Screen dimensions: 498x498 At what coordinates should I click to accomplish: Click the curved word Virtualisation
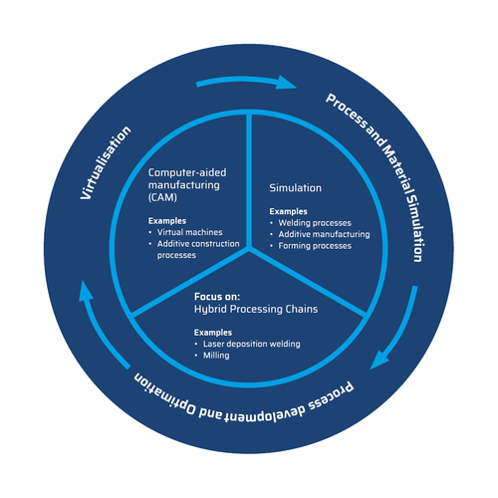click(106, 163)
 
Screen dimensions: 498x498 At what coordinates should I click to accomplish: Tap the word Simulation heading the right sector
click(295, 188)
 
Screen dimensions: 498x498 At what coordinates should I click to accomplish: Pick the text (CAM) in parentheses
click(162, 197)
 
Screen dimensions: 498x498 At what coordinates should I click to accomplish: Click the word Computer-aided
click(187, 172)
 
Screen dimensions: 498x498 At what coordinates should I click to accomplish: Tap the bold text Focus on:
click(217, 297)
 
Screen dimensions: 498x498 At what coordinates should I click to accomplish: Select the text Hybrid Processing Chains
click(256, 309)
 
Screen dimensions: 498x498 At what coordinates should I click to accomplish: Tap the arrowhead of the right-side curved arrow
click(378, 360)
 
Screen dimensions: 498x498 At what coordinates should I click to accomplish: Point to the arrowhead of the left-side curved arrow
click(86, 291)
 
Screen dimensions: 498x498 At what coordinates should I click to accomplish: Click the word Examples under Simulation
click(288, 211)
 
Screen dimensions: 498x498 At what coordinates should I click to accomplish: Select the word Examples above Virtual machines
click(167, 221)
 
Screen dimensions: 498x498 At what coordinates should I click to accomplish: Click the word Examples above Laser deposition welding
click(213, 333)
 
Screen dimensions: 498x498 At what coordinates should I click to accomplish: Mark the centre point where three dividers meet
click(249, 248)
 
